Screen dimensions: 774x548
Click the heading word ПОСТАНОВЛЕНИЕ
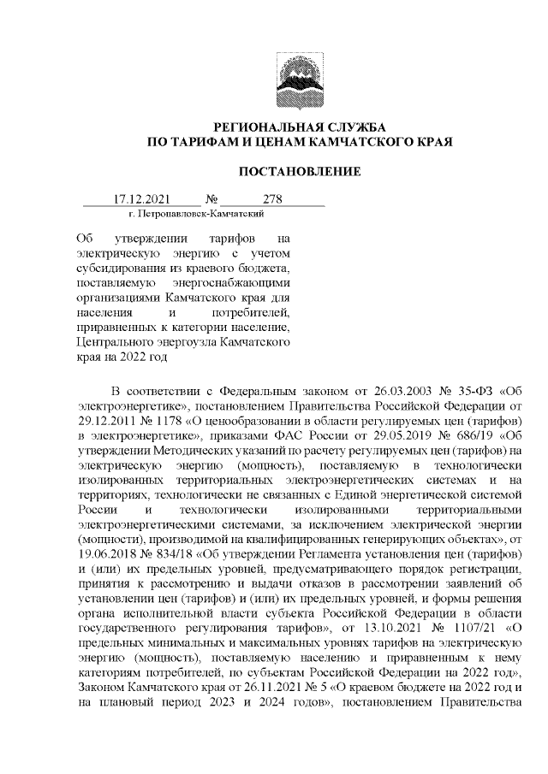299,172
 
